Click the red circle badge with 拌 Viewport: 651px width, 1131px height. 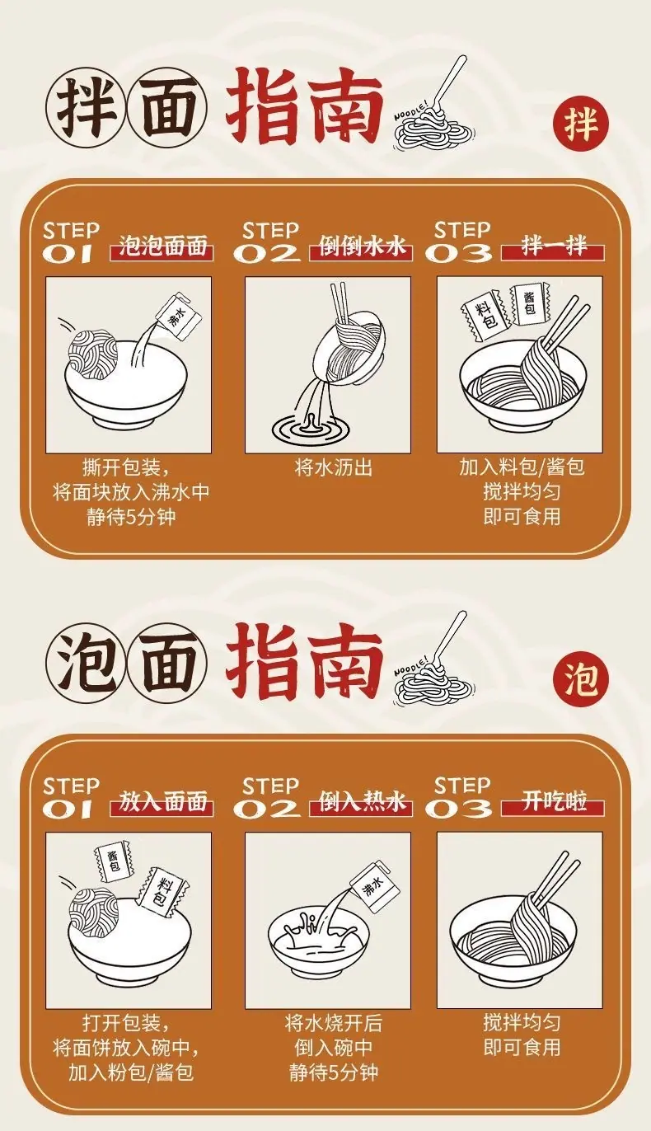click(581, 124)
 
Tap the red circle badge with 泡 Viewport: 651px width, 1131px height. click(581, 679)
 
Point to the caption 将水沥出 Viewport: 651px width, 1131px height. click(333, 468)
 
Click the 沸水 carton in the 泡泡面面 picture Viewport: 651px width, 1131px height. click(178, 316)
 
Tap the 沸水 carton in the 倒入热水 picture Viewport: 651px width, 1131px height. click(372, 885)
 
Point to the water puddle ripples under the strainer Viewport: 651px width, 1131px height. click(311, 429)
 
